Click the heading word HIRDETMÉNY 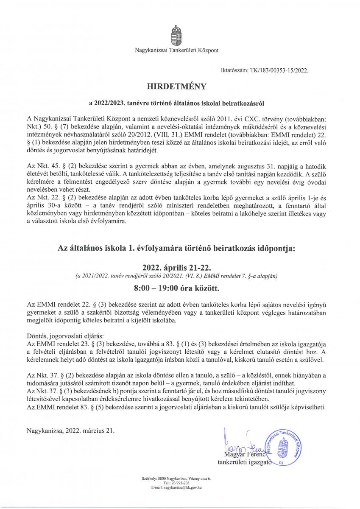pos(176,87)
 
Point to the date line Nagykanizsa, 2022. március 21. pos(70,430)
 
